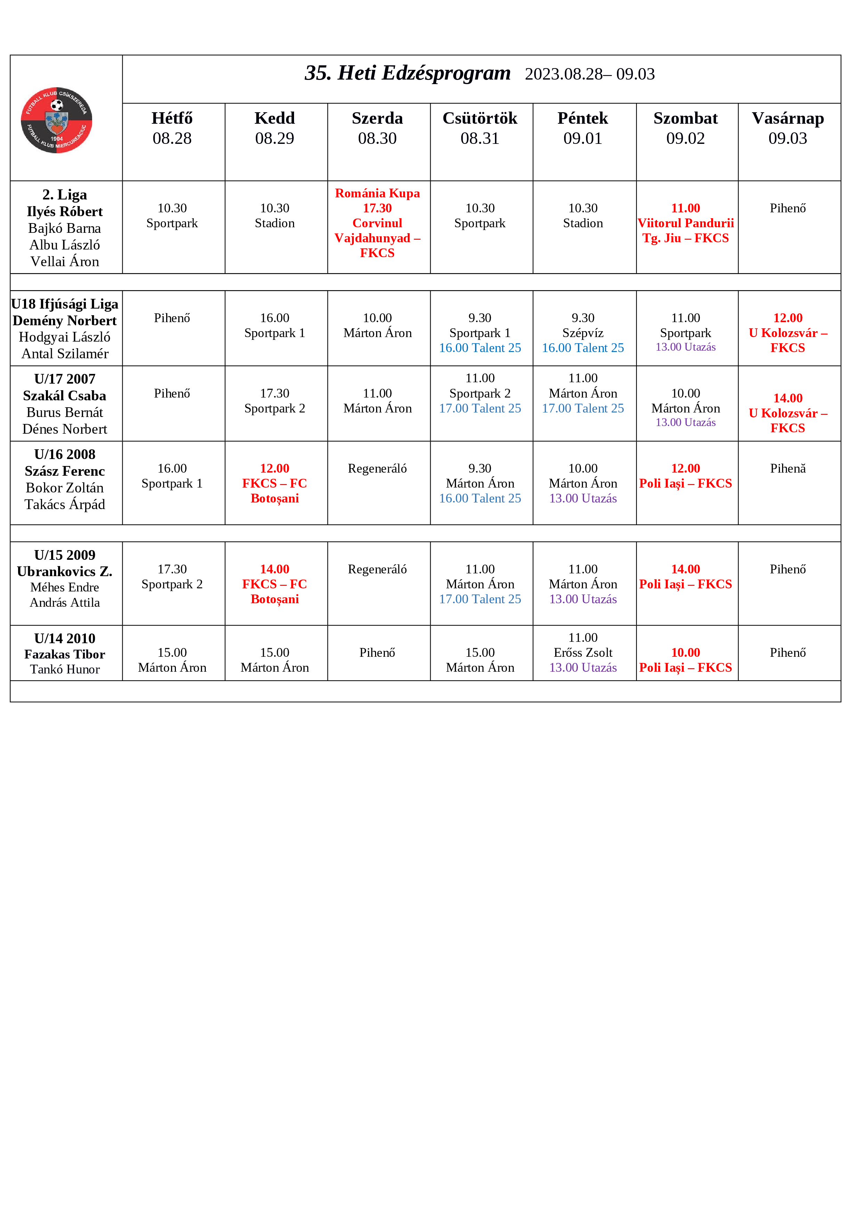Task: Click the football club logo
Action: point(56,120)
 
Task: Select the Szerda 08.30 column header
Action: point(377,128)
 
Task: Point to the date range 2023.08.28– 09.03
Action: point(589,74)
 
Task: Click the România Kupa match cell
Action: point(377,223)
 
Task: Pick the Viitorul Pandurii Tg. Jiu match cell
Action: point(686,223)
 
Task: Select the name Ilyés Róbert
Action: point(65,211)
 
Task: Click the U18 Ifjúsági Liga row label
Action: point(65,304)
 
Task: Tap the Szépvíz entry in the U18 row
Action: point(583,333)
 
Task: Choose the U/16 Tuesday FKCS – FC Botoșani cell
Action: point(275,483)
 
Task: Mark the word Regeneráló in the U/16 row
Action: point(377,468)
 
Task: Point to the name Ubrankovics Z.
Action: point(65,571)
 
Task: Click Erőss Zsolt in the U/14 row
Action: point(583,653)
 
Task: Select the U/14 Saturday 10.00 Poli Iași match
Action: point(686,660)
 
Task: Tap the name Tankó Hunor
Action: point(65,669)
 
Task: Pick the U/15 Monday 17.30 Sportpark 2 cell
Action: point(172,576)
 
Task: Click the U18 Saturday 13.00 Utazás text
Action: point(686,347)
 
